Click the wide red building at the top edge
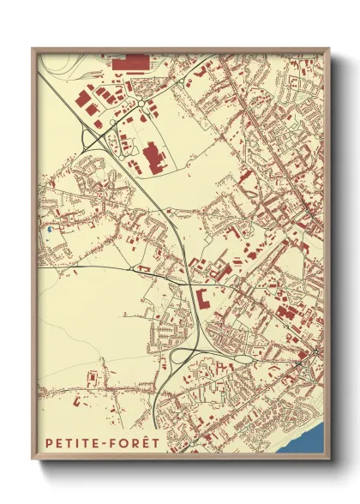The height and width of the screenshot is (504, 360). (130, 62)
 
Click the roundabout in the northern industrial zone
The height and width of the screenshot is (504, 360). (140, 106)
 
